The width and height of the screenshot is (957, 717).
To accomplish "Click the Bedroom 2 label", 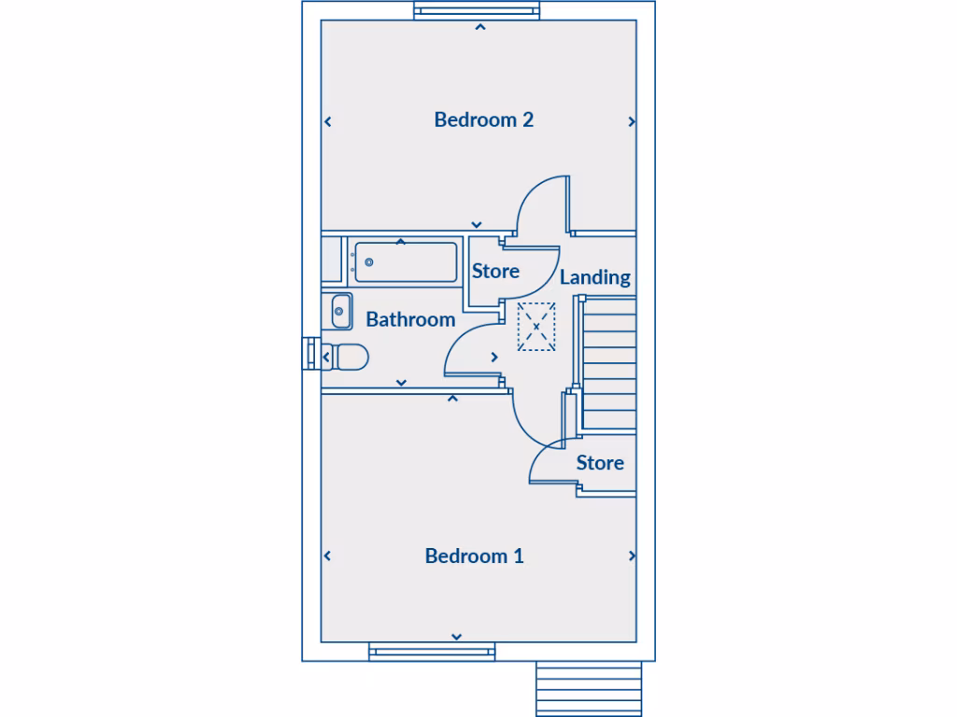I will coord(483,119).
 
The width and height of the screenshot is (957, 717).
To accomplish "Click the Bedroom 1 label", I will coord(474,556).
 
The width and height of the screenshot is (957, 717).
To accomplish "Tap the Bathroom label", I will coord(410,319).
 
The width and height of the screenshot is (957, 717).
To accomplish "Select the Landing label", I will coord(594,277).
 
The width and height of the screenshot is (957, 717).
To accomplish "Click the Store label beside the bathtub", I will coord(495,272).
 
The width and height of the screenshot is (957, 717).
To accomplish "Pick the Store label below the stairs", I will coord(600,463).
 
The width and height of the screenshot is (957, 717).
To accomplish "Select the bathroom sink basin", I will coord(341,310).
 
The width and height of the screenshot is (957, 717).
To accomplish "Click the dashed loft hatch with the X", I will coord(536,327).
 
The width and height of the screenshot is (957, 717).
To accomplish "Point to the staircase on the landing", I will coord(608,364).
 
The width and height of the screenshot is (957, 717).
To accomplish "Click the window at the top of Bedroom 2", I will coord(478,11).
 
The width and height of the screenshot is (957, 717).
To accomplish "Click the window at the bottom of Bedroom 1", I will coord(432,653).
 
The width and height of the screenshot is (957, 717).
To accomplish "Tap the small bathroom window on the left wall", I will coord(309,355).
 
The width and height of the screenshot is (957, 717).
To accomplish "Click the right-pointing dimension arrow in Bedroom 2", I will coord(633,121).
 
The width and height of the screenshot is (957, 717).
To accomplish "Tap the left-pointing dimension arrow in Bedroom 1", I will coord(327,555).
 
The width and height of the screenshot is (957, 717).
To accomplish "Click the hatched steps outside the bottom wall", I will coord(589,688).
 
